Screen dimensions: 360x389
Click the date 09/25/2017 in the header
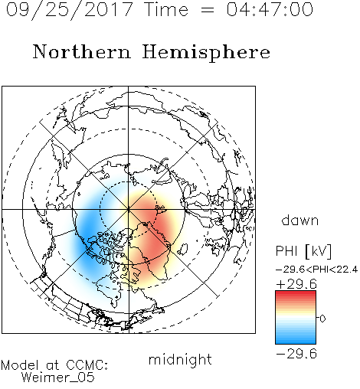click(x=70, y=9)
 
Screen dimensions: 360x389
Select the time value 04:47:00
click(x=270, y=9)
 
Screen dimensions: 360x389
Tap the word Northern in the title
click(x=82, y=51)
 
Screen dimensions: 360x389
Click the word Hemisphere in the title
click(x=206, y=52)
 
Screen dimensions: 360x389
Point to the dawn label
click(x=300, y=220)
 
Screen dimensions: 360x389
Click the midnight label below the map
click(x=180, y=360)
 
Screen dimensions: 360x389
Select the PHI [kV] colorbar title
click(x=303, y=251)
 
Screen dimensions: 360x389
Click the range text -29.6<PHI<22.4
click(x=317, y=270)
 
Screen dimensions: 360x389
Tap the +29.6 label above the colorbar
click(x=296, y=284)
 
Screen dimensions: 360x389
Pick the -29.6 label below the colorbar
click(x=296, y=354)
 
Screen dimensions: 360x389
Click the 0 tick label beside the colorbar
click(x=322, y=319)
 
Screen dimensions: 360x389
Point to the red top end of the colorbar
click(x=296, y=293)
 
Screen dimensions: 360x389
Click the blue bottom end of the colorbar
click(x=296, y=342)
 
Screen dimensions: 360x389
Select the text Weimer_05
click(x=58, y=378)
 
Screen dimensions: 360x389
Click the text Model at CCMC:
click(x=54, y=365)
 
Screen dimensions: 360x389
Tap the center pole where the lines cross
click(x=129, y=209)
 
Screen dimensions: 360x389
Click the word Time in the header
click(x=166, y=9)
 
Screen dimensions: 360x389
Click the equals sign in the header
click(x=207, y=10)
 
